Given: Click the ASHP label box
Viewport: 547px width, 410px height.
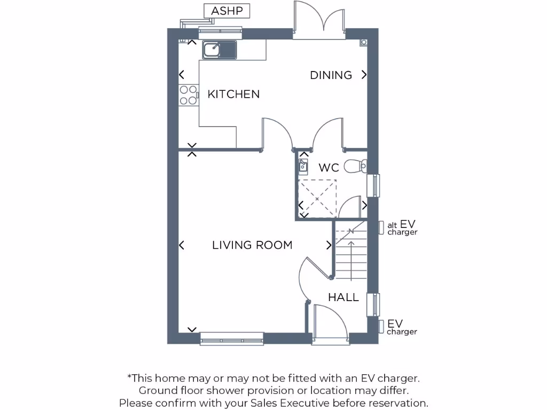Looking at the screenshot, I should [x=227, y=11].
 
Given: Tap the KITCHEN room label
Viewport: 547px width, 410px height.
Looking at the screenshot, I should [x=233, y=94].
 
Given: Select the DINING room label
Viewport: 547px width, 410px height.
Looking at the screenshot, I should [x=331, y=75].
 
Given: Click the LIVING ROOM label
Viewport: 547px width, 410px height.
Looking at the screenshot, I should [x=252, y=245].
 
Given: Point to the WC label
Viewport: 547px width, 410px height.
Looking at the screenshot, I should [x=329, y=168].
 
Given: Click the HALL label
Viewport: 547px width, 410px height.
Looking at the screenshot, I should [x=343, y=297].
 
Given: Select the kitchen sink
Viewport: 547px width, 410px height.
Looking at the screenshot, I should [x=219, y=50].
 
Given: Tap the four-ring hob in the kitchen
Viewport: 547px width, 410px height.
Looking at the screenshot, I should [x=188, y=95].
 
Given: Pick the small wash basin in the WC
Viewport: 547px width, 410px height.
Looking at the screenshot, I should [x=303, y=165].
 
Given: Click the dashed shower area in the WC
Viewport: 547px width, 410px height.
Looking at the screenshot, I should [x=317, y=198].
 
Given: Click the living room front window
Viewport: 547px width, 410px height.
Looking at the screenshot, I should [x=232, y=338].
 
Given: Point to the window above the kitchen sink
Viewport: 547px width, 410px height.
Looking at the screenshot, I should [x=220, y=33].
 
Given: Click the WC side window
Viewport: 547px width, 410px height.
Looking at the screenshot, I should [x=376, y=185].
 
